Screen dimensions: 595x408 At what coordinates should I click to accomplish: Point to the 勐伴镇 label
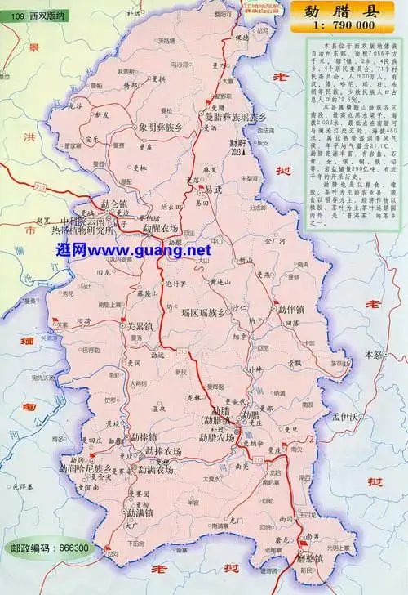click(x=291, y=311)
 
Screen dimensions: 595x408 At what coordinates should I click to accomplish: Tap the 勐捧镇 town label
click(x=144, y=436)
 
